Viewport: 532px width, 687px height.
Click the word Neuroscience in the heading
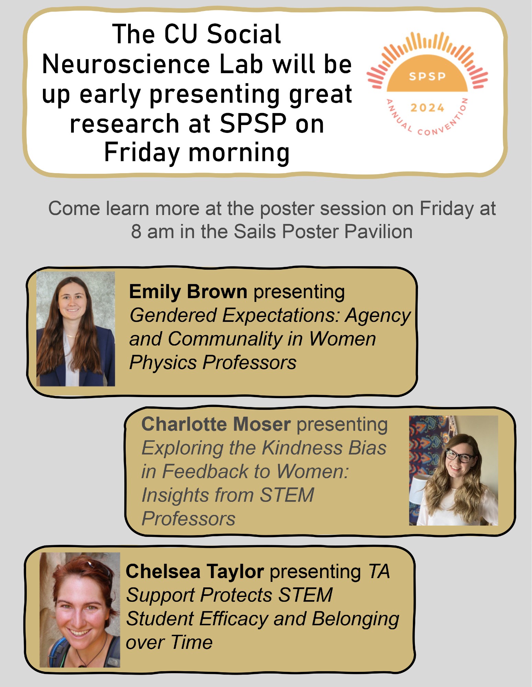tap(126, 64)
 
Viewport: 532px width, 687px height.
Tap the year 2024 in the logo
tap(427, 108)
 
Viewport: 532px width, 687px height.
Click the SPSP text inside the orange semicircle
tap(427, 76)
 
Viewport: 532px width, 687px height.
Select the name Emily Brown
tap(188, 292)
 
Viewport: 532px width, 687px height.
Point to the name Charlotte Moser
tap(216, 424)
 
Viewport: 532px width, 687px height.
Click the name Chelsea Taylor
tap(195, 572)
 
